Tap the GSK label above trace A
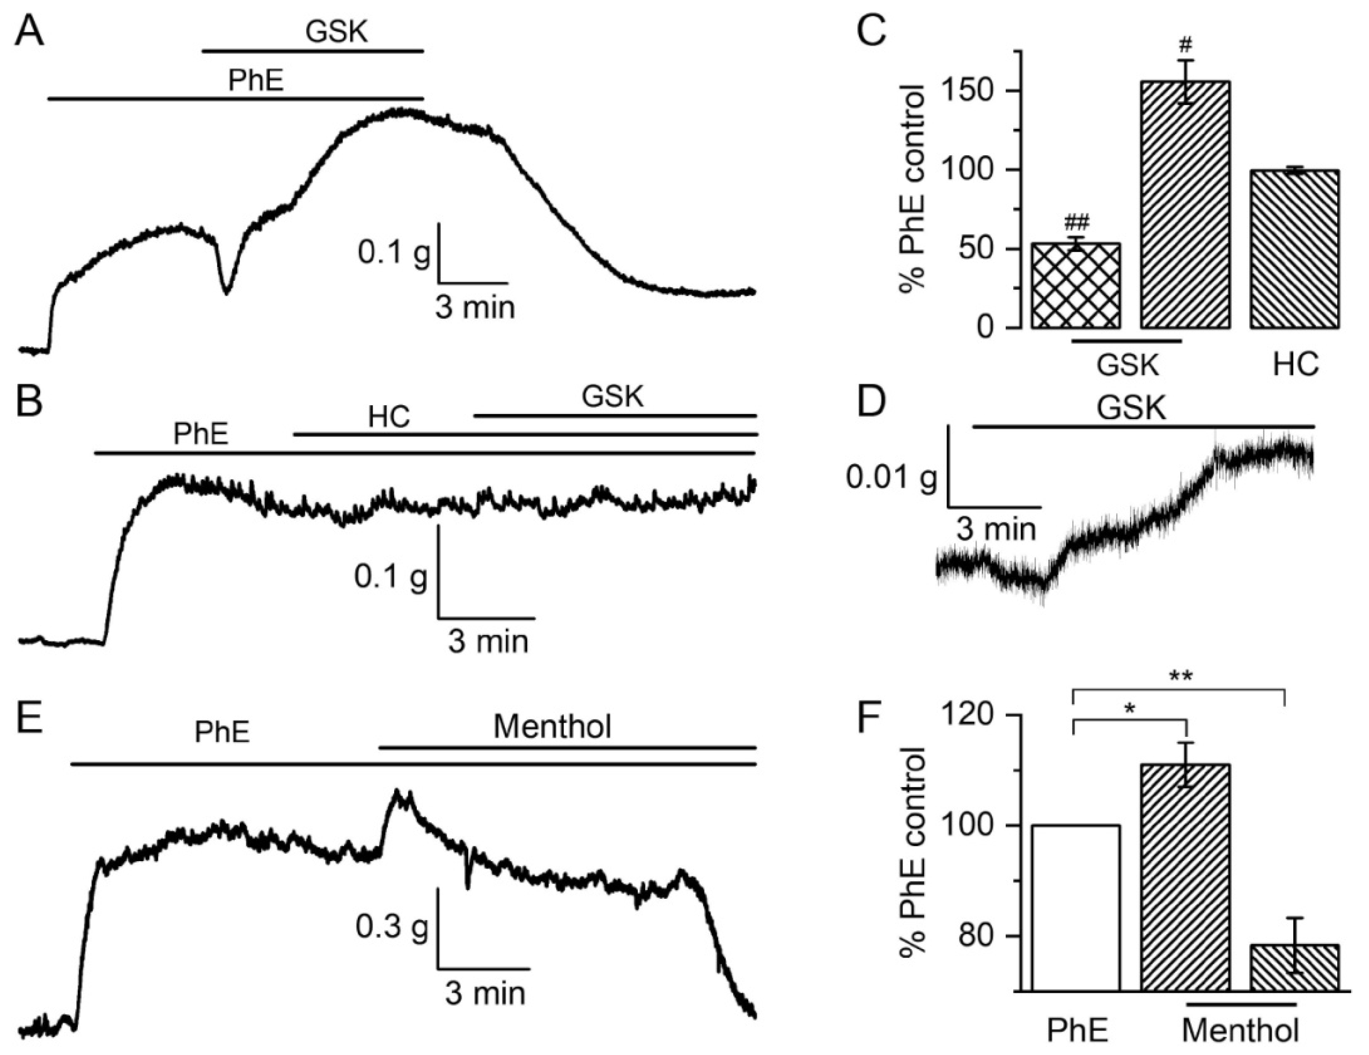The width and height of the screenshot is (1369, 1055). click(x=336, y=32)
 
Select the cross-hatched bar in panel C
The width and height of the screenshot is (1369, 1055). click(x=1076, y=285)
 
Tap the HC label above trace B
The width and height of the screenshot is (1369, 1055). click(x=389, y=417)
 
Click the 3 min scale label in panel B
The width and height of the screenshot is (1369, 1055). click(x=488, y=642)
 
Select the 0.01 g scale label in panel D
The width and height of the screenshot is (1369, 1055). click(x=890, y=478)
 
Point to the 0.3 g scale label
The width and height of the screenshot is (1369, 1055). click(x=392, y=927)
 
